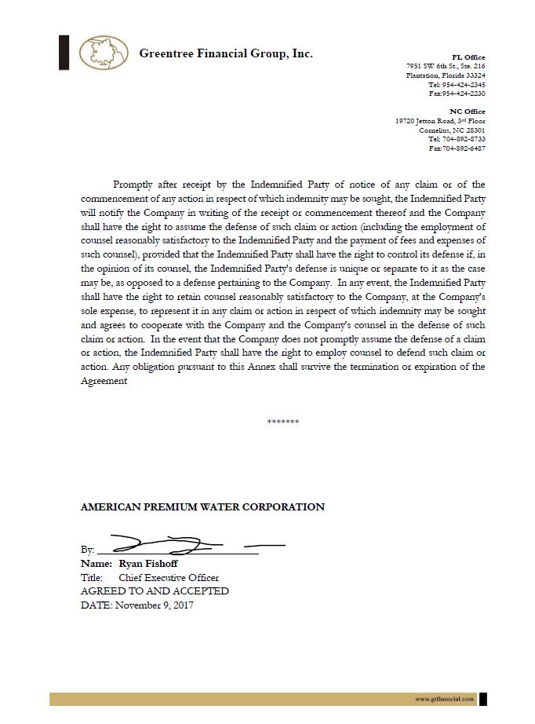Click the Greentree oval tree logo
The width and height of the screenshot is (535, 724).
click(104, 53)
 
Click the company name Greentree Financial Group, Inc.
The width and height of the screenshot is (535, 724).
click(226, 53)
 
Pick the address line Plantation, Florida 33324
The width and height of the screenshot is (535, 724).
click(446, 75)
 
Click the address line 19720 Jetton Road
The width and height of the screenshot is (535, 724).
click(440, 121)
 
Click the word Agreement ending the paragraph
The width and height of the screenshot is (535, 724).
click(104, 381)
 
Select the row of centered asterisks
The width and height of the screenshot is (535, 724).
click(282, 422)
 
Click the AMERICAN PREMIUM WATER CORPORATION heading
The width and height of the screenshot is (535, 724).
click(202, 507)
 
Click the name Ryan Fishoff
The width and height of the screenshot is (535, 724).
click(148, 564)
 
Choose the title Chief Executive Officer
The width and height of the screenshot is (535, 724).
click(169, 578)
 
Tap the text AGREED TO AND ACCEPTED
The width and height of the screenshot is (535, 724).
click(155, 591)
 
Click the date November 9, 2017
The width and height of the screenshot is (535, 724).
click(154, 605)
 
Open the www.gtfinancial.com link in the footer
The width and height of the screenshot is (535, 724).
click(445, 699)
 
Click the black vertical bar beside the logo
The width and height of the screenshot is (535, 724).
click(64, 53)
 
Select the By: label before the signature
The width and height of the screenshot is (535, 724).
click(87, 550)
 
